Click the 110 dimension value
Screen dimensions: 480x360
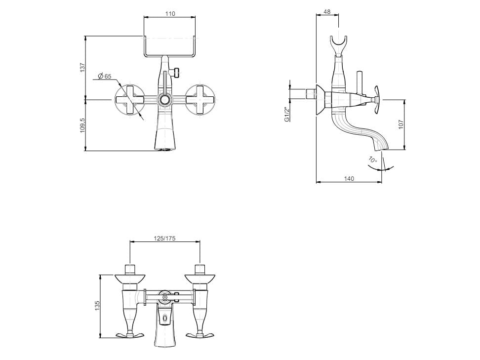click(170, 14)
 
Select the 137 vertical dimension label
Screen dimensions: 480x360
click(82, 67)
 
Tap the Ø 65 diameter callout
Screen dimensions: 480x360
click(104, 76)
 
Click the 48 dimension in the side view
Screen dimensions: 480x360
click(327, 12)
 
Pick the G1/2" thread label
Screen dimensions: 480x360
click(287, 115)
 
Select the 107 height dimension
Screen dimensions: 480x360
click(401, 124)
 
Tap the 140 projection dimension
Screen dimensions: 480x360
click(349, 178)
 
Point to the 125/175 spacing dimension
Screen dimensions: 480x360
click(165, 239)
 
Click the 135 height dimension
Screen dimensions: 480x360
click(97, 306)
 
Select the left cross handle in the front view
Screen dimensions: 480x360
click(130, 100)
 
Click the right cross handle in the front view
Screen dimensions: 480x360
click(200, 100)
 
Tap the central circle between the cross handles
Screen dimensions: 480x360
click(165, 100)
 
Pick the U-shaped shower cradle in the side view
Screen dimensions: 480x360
click(338, 46)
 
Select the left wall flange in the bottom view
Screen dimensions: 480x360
click(130, 279)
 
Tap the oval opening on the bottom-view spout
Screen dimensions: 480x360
click(165, 319)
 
